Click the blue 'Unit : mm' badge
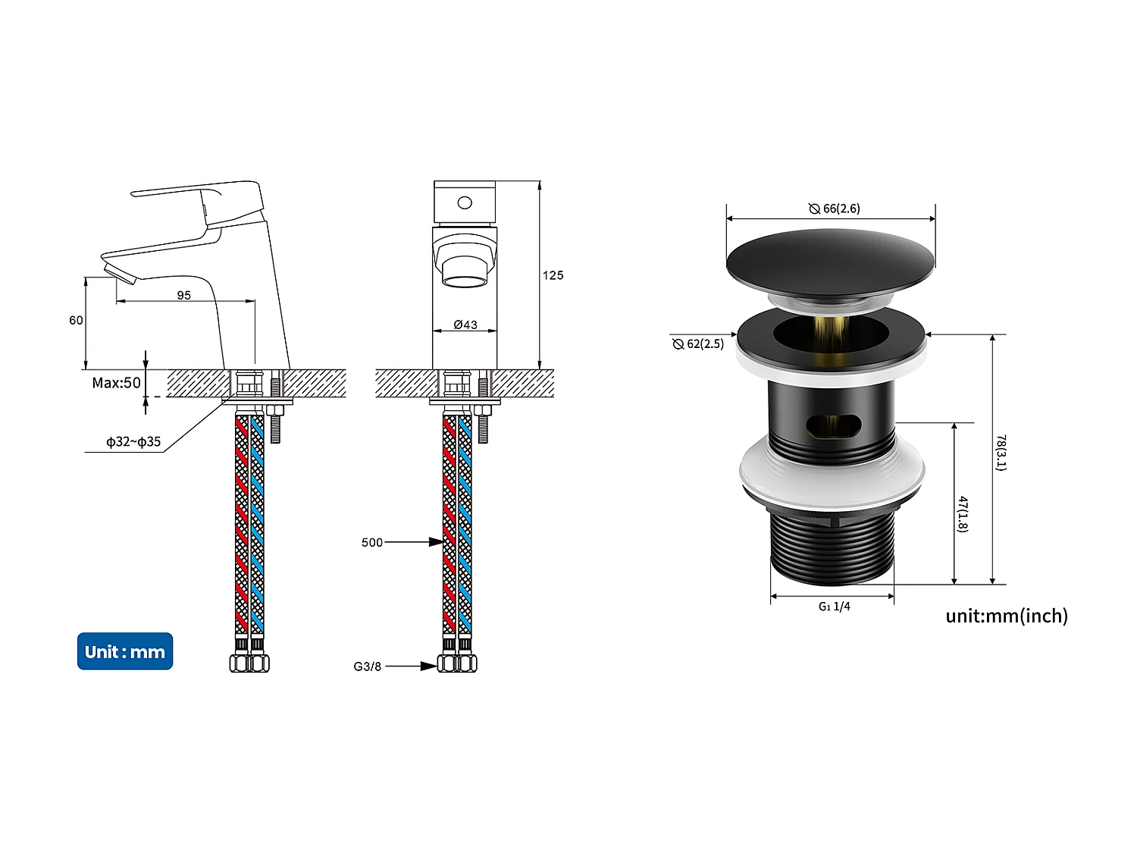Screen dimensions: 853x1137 pos(125,651)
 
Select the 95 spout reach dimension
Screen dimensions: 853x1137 pos(184,295)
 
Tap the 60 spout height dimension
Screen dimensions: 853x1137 pos(76,320)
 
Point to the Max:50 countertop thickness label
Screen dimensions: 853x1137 pos(116,383)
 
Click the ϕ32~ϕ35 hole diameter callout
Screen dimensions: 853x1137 pos(133,441)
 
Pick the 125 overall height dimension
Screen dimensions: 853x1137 pos(553,275)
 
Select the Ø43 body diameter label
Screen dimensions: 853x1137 pos(465,325)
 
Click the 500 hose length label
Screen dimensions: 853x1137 pos(372,542)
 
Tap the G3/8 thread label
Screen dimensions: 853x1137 pos(368,666)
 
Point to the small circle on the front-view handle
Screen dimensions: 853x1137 pos(465,202)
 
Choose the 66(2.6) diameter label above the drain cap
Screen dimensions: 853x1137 pos(835,209)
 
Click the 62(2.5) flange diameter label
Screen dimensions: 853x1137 pos(698,343)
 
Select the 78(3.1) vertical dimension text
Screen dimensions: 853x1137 pos(1001,453)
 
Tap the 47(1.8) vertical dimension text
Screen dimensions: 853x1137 pos(962,514)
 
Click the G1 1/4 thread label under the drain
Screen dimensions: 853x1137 pos(834,607)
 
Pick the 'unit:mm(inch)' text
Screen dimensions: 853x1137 pos(1007,616)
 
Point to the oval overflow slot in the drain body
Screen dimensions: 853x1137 pos(832,426)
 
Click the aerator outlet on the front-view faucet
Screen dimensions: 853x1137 pos(465,281)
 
